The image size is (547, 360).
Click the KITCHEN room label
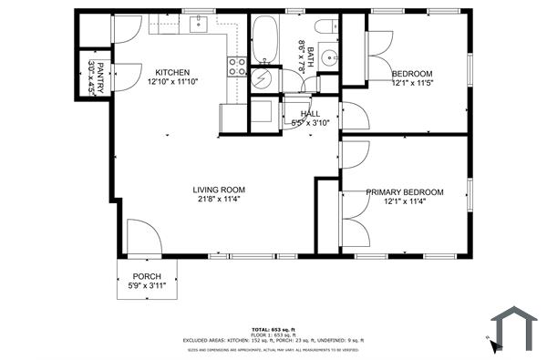[x=171, y=73]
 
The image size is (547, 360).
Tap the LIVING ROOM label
[x=219, y=190]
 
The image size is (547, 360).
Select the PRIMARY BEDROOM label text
[x=404, y=192]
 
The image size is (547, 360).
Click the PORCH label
[x=147, y=276]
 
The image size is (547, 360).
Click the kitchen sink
[x=199, y=25]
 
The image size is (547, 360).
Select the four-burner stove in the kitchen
[x=236, y=67]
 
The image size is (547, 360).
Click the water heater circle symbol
[x=262, y=78]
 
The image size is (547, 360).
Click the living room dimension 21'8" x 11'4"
[x=219, y=201]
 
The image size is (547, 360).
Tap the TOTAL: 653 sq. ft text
[x=273, y=329]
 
